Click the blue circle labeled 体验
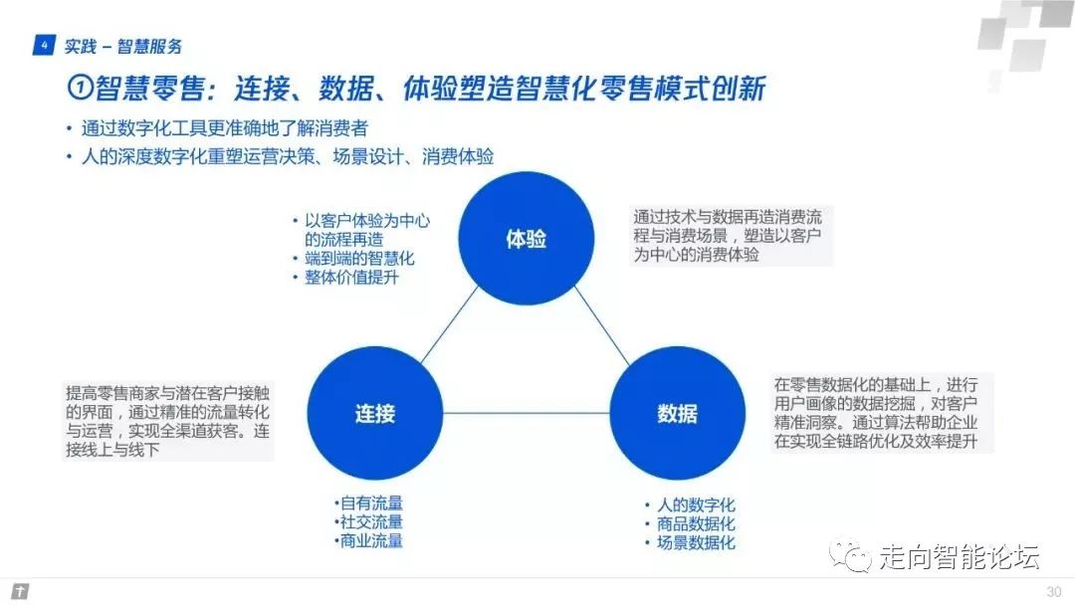pyautogui.click(x=527, y=240)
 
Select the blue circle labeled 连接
pyautogui.click(x=375, y=413)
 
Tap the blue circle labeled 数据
pyautogui.click(x=677, y=413)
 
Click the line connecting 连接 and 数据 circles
pyautogui.click(x=526, y=413)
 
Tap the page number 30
pyautogui.click(x=1053, y=592)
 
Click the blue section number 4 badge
pyautogui.click(x=43, y=46)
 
